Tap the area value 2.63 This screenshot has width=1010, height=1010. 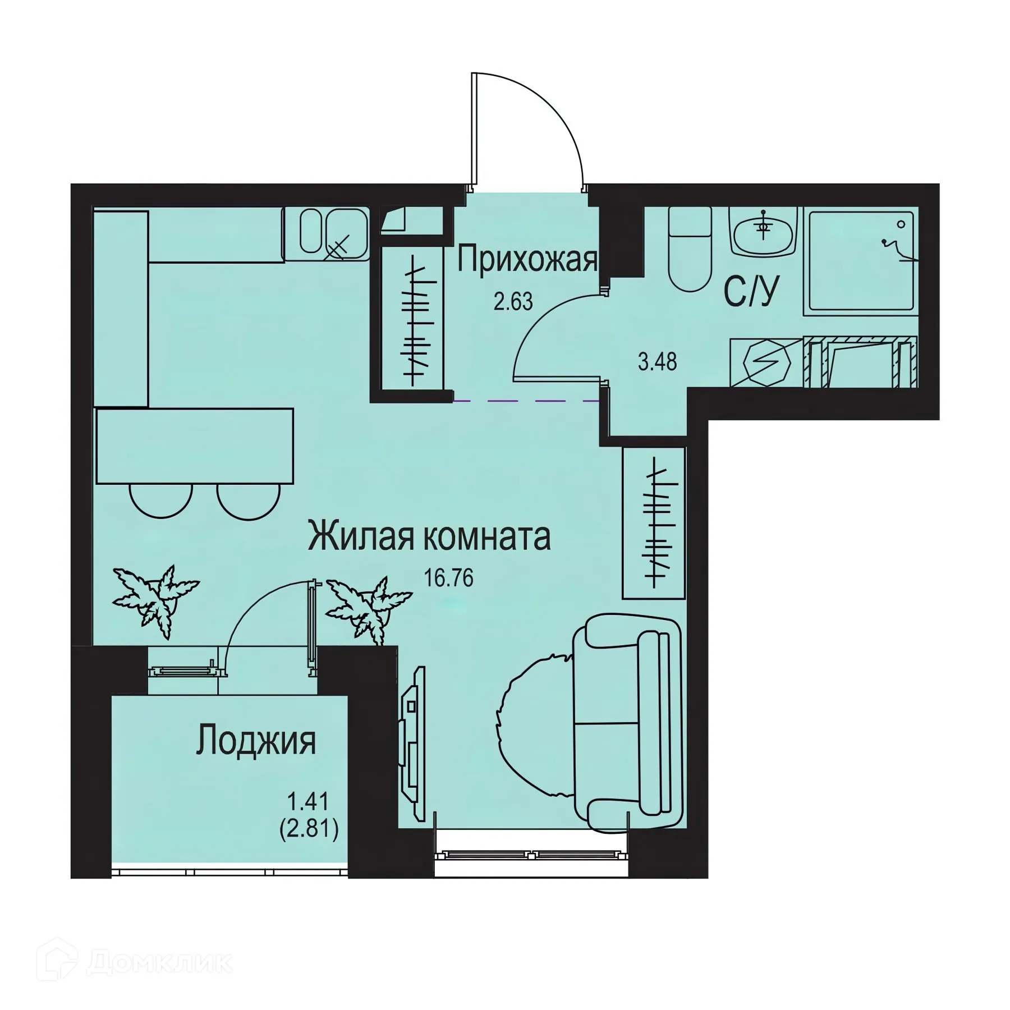(x=513, y=302)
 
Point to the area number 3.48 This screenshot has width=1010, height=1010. (x=657, y=362)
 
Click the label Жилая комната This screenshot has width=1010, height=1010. (x=429, y=537)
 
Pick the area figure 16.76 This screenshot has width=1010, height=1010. (x=448, y=577)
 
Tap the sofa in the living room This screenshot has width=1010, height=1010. (x=628, y=724)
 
